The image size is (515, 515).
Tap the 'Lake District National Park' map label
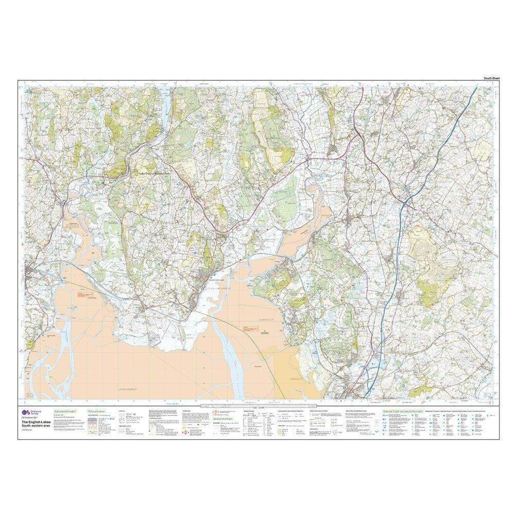click(x=160, y=175)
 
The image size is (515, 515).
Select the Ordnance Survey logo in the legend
click(x=25, y=413)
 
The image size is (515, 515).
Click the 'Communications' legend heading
click(x=96, y=412)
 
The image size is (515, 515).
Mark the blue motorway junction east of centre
click(x=407, y=199)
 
